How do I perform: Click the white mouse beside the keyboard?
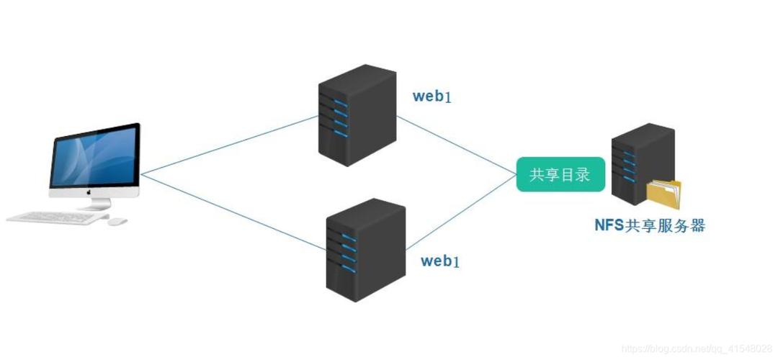click(117, 221)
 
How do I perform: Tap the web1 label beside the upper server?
click(432, 96)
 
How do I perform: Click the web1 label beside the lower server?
click(440, 261)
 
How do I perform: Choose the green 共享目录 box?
click(560, 175)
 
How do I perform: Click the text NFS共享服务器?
click(649, 225)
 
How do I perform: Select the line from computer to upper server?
click(231, 144)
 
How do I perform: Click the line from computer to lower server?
click(231, 211)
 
